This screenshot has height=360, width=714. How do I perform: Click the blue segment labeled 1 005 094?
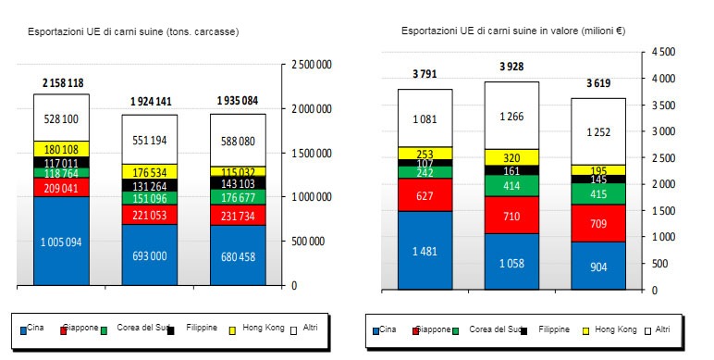point(62,242)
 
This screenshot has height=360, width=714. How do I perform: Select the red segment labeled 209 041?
point(62,187)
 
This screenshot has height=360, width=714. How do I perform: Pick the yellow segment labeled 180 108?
point(62,149)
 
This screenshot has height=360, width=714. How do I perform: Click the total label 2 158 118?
point(62,83)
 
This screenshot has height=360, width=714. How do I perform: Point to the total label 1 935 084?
point(238,100)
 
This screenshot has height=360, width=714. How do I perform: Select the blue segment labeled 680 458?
point(238,255)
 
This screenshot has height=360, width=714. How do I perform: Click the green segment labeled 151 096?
point(150,198)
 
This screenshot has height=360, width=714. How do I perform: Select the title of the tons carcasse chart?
point(131,31)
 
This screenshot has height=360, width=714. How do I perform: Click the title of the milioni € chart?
point(512,31)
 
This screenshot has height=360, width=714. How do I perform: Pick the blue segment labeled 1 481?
point(425,250)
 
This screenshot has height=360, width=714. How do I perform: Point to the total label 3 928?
point(511,67)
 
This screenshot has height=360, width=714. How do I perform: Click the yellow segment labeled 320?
point(511,157)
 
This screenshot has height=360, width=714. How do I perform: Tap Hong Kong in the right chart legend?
point(613,329)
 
